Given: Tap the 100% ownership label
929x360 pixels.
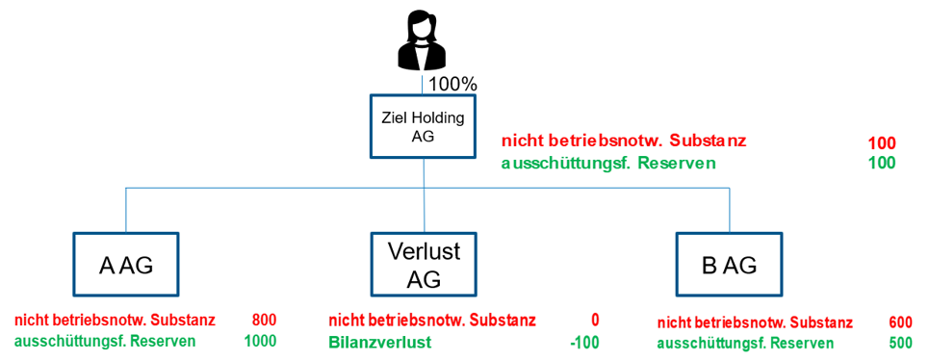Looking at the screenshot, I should click(x=452, y=84).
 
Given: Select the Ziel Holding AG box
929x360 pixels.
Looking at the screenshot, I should click(x=424, y=127).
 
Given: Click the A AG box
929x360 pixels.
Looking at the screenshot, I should click(x=126, y=267).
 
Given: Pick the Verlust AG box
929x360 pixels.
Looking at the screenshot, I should click(x=424, y=266).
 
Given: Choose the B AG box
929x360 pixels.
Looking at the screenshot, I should click(x=728, y=267).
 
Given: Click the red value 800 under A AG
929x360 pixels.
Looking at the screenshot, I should click(x=263, y=320).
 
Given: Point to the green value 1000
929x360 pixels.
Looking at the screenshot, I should click(x=259, y=341).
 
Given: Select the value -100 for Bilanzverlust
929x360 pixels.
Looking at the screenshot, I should click(x=583, y=342).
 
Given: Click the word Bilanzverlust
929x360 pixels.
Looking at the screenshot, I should click(x=379, y=342).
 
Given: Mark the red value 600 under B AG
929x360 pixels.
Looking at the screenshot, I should click(x=899, y=323).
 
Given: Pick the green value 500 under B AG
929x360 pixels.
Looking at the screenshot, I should click(x=899, y=344).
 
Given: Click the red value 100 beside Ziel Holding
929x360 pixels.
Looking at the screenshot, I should click(x=882, y=143).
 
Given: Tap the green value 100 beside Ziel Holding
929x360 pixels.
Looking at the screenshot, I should click(x=882, y=163).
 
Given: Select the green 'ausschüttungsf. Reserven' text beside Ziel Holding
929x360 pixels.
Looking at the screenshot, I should click(x=608, y=163).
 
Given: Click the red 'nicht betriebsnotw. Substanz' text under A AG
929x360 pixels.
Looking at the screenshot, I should click(x=115, y=320).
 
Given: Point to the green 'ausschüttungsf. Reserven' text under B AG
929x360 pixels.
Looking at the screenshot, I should click(x=745, y=344).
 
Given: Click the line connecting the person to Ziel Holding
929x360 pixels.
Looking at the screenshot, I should click(x=423, y=84).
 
